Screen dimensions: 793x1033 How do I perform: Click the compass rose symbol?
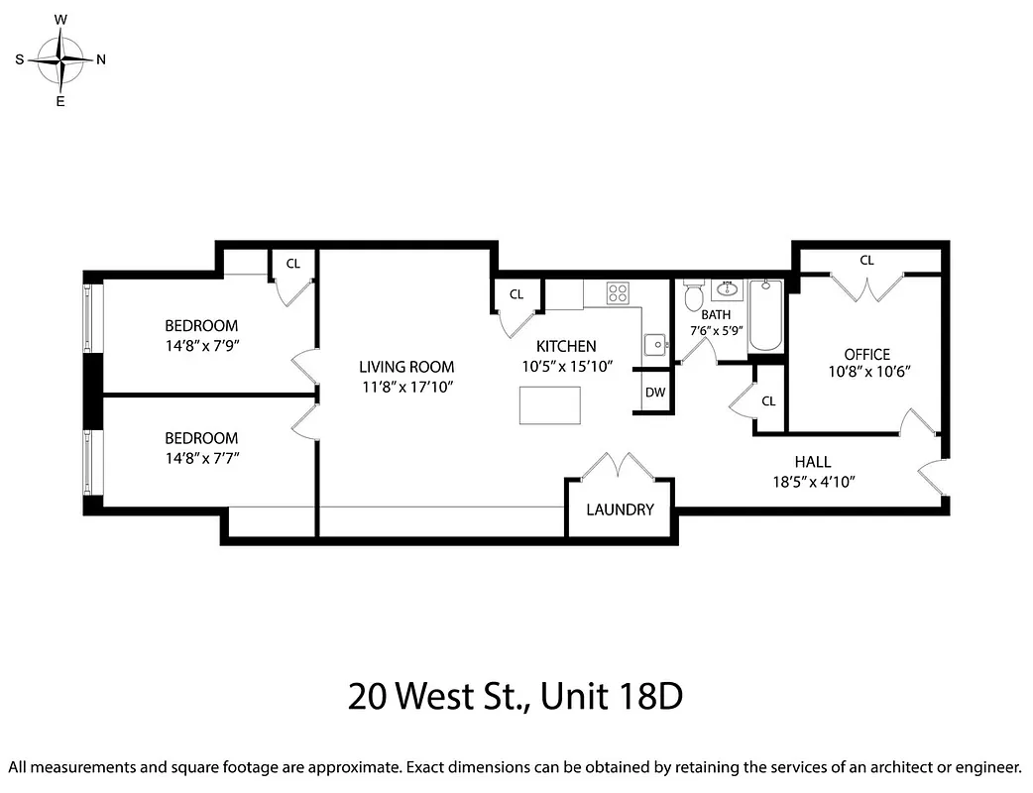(60, 59)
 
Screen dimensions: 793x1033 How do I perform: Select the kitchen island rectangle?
(549, 405)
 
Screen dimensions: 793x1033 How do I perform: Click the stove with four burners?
(618, 292)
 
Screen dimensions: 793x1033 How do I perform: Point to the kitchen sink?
(655, 345)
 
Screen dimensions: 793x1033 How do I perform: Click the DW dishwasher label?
(654, 393)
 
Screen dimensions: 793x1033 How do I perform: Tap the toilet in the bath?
(694, 294)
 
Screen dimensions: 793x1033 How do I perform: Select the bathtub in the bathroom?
(765, 315)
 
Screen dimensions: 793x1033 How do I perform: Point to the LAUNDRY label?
(620, 510)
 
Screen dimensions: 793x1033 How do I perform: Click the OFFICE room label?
(866, 354)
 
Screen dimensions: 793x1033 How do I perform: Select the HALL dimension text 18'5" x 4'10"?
(812, 482)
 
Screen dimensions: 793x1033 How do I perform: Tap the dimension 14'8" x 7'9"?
(201, 346)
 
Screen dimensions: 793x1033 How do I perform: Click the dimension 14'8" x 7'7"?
(201, 458)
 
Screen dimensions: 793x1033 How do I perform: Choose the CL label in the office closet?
(866, 261)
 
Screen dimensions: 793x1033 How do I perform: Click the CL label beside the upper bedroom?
(293, 264)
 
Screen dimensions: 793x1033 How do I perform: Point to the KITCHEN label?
(566, 346)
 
